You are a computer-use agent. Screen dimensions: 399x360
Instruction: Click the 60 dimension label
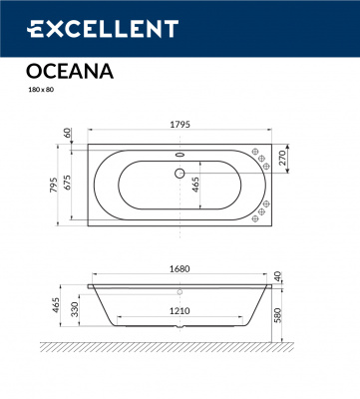[x=67, y=132]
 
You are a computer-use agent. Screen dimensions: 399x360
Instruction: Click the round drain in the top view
[x=180, y=173]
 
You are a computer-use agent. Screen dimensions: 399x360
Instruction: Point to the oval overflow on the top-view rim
[x=180, y=155]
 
